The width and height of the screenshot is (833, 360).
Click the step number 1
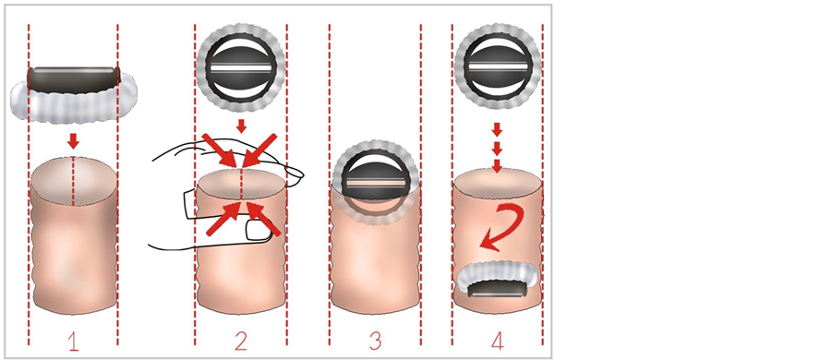(x=73, y=342)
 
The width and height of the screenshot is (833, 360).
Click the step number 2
(x=241, y=342)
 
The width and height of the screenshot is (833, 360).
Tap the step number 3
(x=375, y=342)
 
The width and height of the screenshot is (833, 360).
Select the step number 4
(x=497, y=342)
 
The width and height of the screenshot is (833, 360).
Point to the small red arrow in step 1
(x=73, y=141)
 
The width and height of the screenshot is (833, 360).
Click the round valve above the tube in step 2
(x=241, y=68)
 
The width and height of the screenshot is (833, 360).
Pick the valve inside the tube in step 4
(x=497, y=280)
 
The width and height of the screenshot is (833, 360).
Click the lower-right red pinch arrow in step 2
(x=264, y=219)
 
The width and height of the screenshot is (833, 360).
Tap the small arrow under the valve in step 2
(x=241, y=126)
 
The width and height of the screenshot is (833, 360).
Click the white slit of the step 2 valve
(x=241, y=68)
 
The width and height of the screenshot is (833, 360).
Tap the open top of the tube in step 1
(x=73, y=181)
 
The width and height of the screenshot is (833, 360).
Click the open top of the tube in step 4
(x=497, y=184)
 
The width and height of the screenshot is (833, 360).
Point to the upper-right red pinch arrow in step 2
(x=260, y=150)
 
